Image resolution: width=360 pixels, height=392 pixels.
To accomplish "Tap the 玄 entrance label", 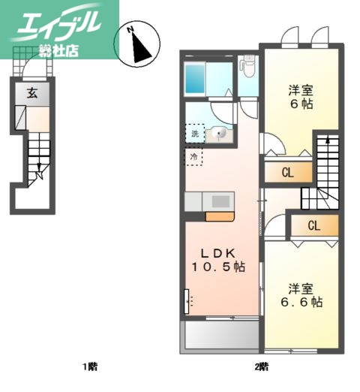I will pos(33,93).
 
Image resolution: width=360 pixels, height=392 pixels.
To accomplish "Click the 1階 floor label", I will pos(91,367).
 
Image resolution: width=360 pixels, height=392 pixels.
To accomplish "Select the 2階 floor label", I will pos(260,367).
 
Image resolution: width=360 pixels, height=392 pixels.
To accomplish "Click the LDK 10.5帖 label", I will pos(219,259).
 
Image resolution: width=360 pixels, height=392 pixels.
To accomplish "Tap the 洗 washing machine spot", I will pos(195,134).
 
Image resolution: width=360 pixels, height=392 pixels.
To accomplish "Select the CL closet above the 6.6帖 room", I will pos(313,225).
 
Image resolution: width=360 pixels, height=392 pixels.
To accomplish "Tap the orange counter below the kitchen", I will pos(220,217).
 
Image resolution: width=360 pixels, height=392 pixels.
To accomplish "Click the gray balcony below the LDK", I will pos(219,335).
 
